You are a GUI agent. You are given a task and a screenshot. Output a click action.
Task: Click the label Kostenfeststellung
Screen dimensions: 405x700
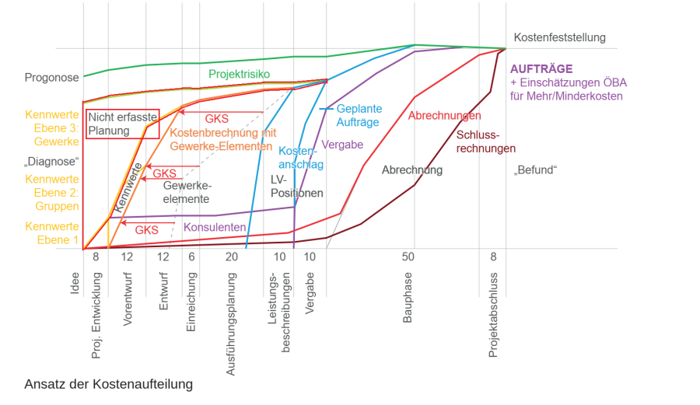559,37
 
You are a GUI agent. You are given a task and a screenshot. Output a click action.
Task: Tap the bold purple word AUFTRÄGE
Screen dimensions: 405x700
541,68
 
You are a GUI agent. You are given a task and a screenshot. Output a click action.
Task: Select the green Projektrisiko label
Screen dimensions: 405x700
239,74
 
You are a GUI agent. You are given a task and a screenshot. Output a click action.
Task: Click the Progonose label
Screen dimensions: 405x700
52,78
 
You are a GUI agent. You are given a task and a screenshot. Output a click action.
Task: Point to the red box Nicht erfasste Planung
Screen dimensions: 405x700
122,124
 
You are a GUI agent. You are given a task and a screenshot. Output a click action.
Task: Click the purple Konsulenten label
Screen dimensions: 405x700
215,228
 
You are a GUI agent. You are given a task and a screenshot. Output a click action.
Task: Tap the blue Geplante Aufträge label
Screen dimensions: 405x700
359,116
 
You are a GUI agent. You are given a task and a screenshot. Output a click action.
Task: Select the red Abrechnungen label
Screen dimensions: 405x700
444,116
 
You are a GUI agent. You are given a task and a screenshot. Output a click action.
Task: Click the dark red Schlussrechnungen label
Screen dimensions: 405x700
486,141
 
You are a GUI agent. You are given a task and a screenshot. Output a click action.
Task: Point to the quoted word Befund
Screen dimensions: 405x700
537,170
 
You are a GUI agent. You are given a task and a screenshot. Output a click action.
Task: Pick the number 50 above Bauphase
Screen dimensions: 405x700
408,257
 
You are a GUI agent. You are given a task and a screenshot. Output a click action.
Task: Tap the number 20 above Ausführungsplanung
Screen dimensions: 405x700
232,257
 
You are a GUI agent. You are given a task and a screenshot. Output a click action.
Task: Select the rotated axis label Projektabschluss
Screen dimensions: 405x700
493,315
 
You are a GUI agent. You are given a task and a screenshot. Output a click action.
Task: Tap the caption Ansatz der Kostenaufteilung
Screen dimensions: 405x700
108,384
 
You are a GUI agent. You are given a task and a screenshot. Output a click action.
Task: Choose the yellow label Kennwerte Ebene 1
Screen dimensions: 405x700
52,233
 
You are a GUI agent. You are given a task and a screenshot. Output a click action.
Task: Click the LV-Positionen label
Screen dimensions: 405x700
296,186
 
